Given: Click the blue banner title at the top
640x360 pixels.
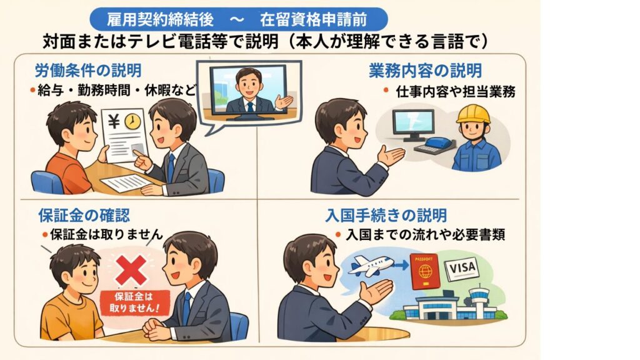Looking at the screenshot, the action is click(x=238, y=19).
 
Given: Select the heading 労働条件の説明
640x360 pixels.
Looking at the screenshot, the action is click(x=88, y=71).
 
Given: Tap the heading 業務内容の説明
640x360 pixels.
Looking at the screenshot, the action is click(x=425, y=71).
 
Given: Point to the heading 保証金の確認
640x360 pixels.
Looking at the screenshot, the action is click(x=84, y=215).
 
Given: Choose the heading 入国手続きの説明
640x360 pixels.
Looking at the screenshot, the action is click(x=386, y=215).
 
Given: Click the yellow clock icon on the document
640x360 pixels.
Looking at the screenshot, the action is click(x=132, y=122).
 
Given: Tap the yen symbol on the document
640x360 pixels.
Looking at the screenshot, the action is click(x=114, y=121).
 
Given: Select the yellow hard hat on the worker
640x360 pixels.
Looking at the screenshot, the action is click(x=473, y=114).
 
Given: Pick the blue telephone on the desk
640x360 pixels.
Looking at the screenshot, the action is click(x=439, y=143).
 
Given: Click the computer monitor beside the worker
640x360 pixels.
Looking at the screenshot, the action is click(x=412, y=125).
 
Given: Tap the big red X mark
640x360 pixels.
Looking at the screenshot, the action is click(x=131, y=271).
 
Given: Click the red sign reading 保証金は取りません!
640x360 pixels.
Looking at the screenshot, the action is click(x=135, y=302).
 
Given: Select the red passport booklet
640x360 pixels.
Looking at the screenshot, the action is click(x=424, y=271).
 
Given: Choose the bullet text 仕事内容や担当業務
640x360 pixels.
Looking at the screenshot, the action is click(x=456, y=91).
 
